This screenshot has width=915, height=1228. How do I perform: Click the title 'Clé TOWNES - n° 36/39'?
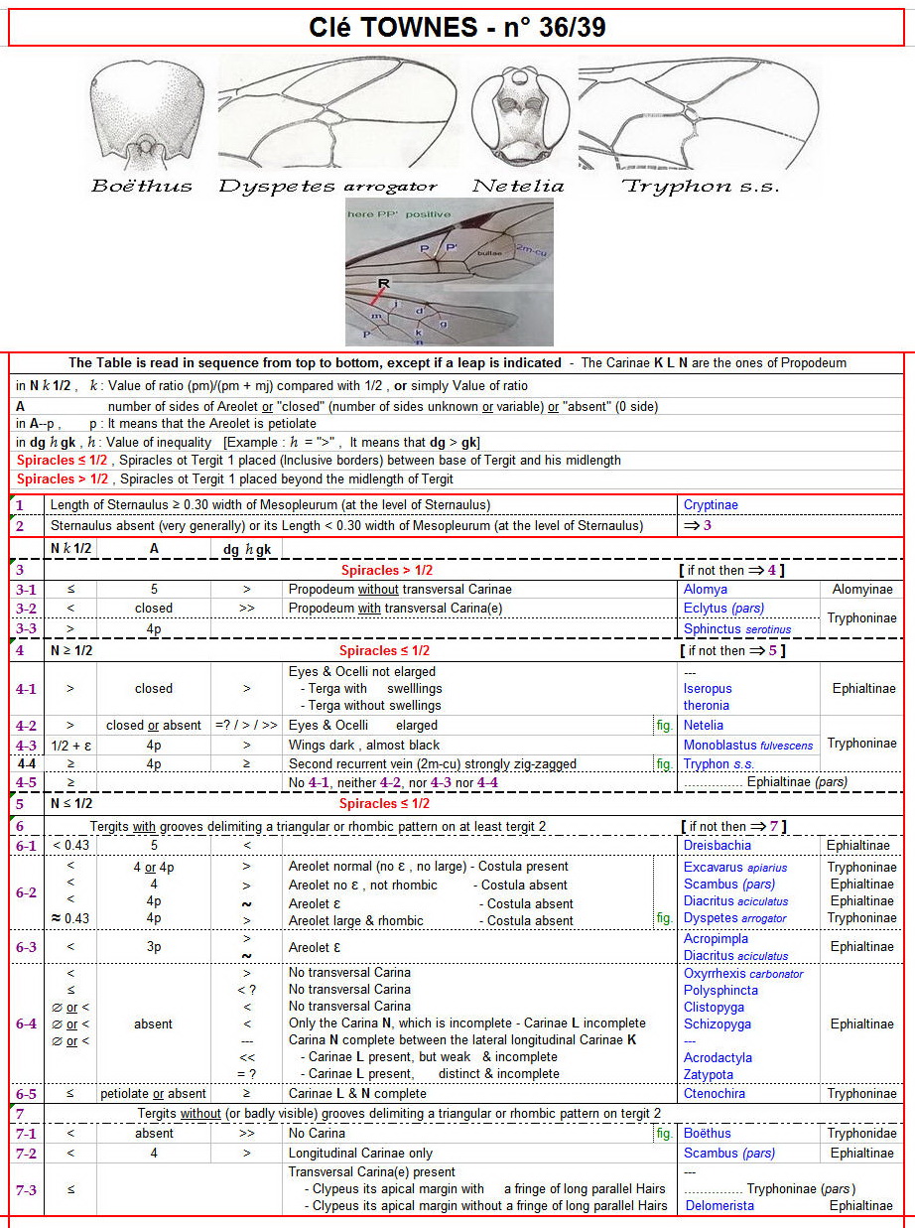tap(457, 28)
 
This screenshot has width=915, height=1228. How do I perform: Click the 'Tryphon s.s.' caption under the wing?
tap(700, 186)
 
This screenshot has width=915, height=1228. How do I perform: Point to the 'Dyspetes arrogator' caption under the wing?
tap(327, 186)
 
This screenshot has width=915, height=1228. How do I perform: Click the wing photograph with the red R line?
tap(450, 271)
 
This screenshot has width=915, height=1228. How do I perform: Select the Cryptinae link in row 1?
tap(711, 505)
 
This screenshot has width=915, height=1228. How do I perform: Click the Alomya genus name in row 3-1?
tap(706, 590)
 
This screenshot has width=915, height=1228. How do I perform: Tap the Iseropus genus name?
tap(708, 688)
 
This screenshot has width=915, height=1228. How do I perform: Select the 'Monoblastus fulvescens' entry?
tap(747, 745)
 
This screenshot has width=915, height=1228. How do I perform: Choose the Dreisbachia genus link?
tap(718, 846)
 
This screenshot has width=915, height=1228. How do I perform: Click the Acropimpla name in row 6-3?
tap(716, 939)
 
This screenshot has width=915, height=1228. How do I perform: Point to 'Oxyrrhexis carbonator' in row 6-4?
tap(743, 973)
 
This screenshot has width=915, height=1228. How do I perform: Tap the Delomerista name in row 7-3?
tap(719, 1205)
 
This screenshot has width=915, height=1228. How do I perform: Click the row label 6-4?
tap(26, 1023)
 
